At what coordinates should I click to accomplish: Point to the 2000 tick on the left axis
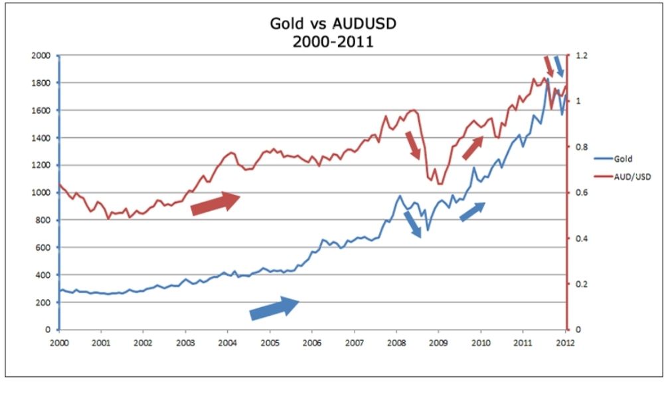point(41,56)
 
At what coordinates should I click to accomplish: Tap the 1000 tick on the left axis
point(41,192)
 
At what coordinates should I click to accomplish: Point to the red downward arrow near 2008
point(413,145)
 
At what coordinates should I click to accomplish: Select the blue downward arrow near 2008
point(412,225)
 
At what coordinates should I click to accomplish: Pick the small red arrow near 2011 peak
point(549,66)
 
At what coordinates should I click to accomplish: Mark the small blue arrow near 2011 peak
point(559,66)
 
